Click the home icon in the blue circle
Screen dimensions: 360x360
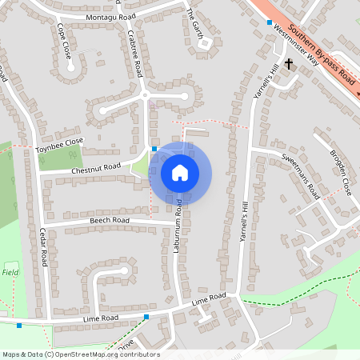click(180, 172)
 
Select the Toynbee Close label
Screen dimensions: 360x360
click(58, 146)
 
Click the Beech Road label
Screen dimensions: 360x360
click(110, 220)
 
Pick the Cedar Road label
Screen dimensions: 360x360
click(45, 248)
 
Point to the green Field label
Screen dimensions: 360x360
click(10, 272)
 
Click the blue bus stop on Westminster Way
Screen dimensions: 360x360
click(270, 22)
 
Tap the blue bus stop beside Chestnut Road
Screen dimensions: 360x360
click(154, 148)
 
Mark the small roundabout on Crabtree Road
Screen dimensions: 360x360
click(146, 96)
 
